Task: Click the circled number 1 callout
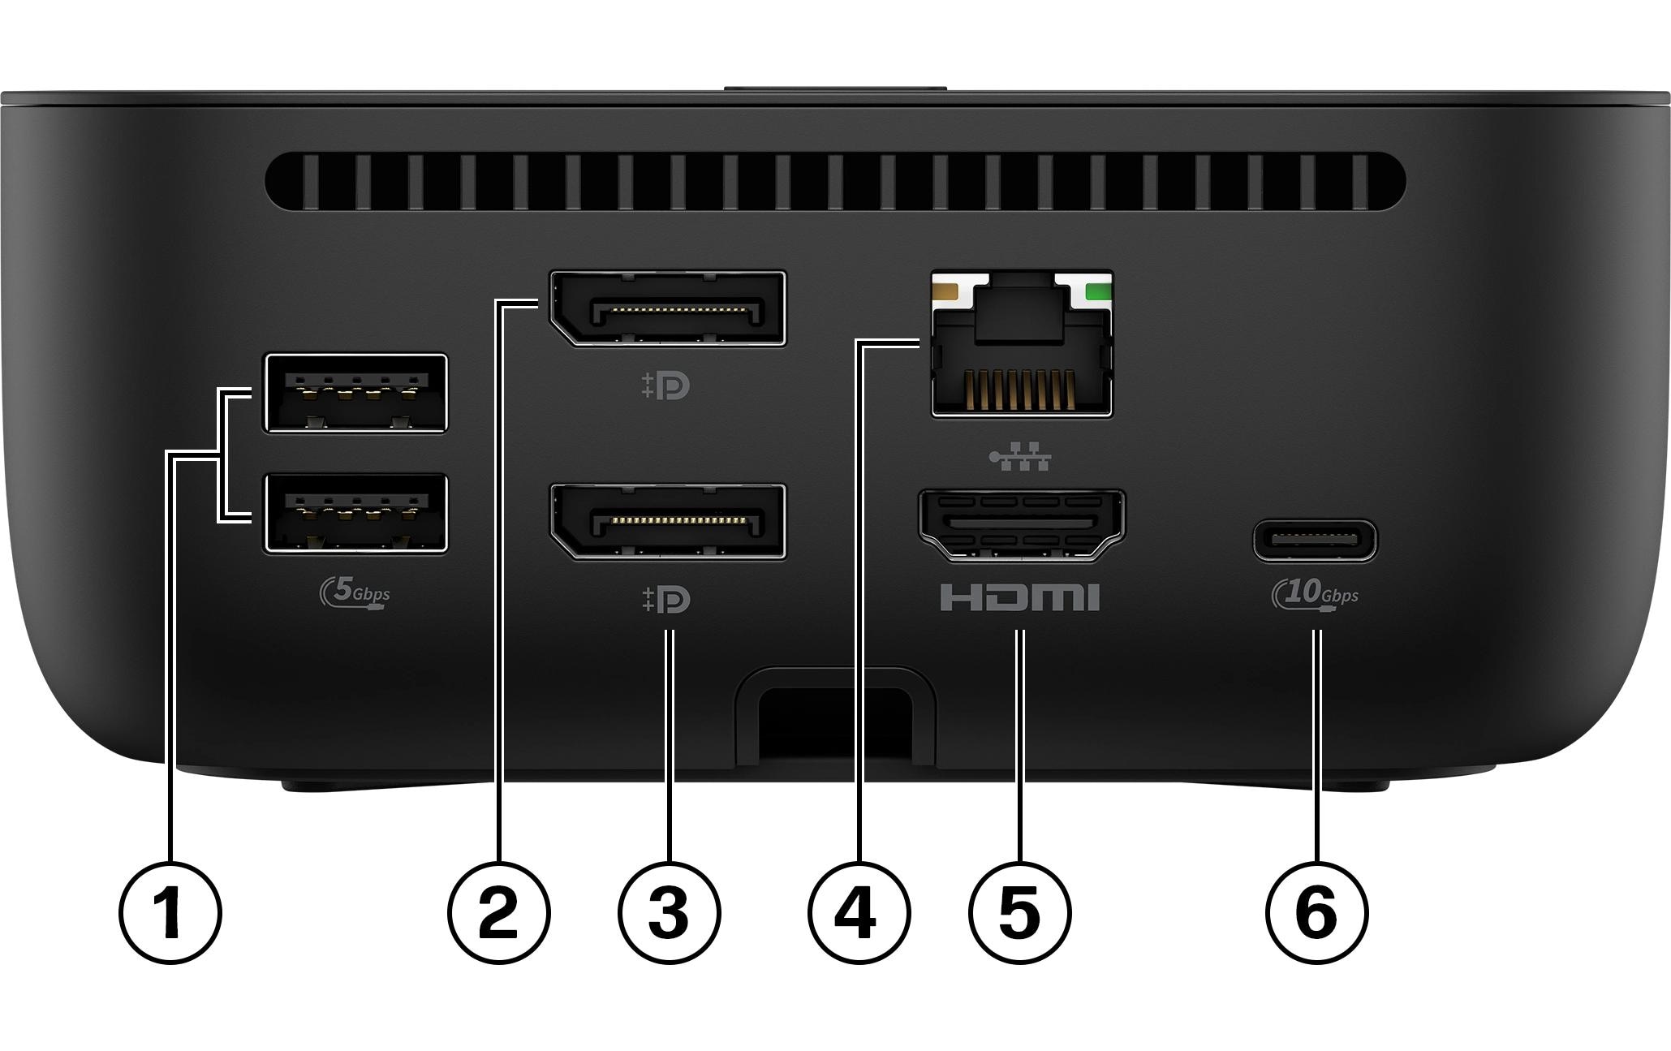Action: coord(170,913)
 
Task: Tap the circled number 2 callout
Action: coord(499,913)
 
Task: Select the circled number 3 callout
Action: coord(669,913)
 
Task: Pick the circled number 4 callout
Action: coord(859,913)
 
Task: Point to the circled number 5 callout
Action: coord(1020,913)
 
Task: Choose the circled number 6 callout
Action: coord(1316,913)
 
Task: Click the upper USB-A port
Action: coord(355,393)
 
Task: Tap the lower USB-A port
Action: coord(355,514)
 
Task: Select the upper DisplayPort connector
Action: coord(667,309)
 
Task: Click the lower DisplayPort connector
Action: coord(667,522)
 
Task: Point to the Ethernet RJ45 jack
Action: coord(1022,344)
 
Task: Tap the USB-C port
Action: coord(1315,541)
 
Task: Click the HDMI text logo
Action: coord(1020,597)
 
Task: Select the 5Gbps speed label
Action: coord(355,593)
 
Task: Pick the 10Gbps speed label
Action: coord(1315,593)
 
